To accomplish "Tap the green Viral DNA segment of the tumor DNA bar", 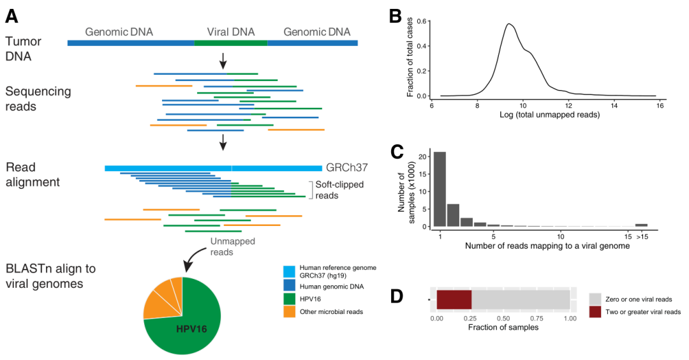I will point(230,43).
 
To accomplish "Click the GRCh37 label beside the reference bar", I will point(347,167).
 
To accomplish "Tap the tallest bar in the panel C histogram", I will point(440,189).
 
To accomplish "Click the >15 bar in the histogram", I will point(641,225).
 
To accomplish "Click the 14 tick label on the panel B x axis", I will point(613,106).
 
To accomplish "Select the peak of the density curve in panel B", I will point(509,24).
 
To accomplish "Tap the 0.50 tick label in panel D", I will point(503,317).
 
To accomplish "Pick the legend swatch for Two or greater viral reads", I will point(595,311).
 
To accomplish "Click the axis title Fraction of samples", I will point(503,328).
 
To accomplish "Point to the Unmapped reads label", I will point(229,247).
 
